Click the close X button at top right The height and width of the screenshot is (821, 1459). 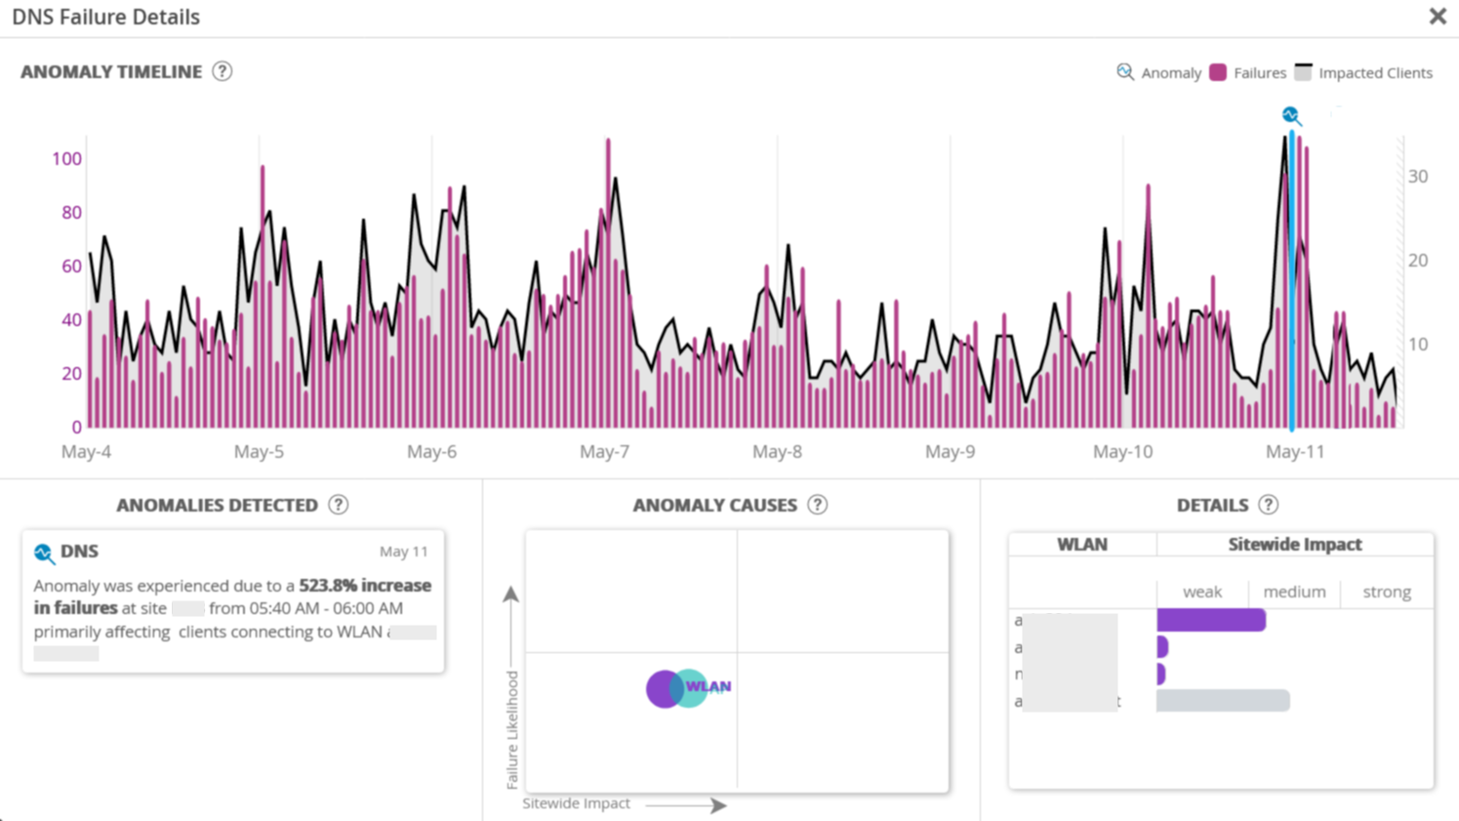pyautogui.click(x=1438, y=17)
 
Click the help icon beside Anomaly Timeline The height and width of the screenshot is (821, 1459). pyautogui.click(x=223, y=71)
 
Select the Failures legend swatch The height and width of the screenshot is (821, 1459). pyautogui.click(x=1218, y=72)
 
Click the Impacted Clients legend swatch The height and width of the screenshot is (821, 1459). pyautogui.click(x=1303, y=72)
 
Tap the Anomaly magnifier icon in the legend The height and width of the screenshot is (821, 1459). pyautogui.click(x=1125, y=72)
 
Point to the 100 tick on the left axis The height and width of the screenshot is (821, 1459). pyautogui.click(x=66, y=159)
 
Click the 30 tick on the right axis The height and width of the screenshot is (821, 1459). pyautogui.click(x=1418, y=177)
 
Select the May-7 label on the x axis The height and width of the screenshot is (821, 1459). pyautogui.click(x=604, y=452)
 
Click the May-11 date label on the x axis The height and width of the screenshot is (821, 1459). pyautogui.click(x=1295, y=452)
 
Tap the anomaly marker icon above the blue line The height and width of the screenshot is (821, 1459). pyautogui.click(x=1291, y=115)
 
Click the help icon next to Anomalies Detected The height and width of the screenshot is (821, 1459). pyautogui.click(x=339, y=505)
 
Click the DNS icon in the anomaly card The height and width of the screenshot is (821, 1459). pyautogui.click(x=44, y=554)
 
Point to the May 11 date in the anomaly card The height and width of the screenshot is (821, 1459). pyautogui.click(x=404, y=552)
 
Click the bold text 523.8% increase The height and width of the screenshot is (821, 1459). pyautogui.click(x=364, y=586)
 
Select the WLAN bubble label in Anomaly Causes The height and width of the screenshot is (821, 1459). pyautogui.click(x=708, y=686)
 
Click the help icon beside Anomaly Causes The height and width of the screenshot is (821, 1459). pyautogui.click(x=818, y=505)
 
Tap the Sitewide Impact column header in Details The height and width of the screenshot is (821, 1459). pyautogui.click(x=1294, y=545)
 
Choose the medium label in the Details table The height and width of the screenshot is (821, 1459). pyautogui.click(x=1294, y=592)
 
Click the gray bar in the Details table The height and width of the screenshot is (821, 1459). pyautogui.click(x=1223, y=700)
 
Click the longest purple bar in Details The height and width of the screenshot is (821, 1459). pyautogui.click(x=1211, y=620)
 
